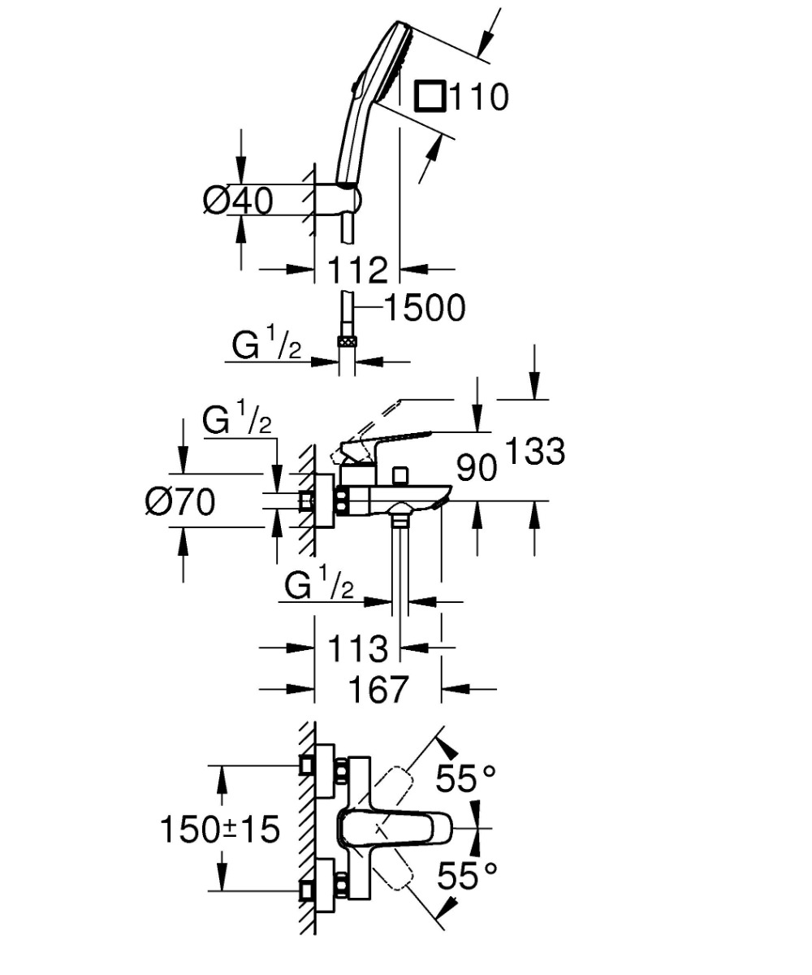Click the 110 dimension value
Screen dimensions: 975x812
478,97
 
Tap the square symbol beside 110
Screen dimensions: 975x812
430,97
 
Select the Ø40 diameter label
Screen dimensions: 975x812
238,200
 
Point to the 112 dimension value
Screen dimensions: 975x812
358,270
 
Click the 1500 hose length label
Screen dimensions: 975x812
424,308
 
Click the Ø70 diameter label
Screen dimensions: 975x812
180,502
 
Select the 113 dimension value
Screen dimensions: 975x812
358,648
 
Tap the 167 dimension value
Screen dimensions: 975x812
378,689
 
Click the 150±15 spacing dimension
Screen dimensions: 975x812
219,830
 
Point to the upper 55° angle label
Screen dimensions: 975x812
465,780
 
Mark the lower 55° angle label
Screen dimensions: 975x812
466,876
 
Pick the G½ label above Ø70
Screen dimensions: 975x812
236,422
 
